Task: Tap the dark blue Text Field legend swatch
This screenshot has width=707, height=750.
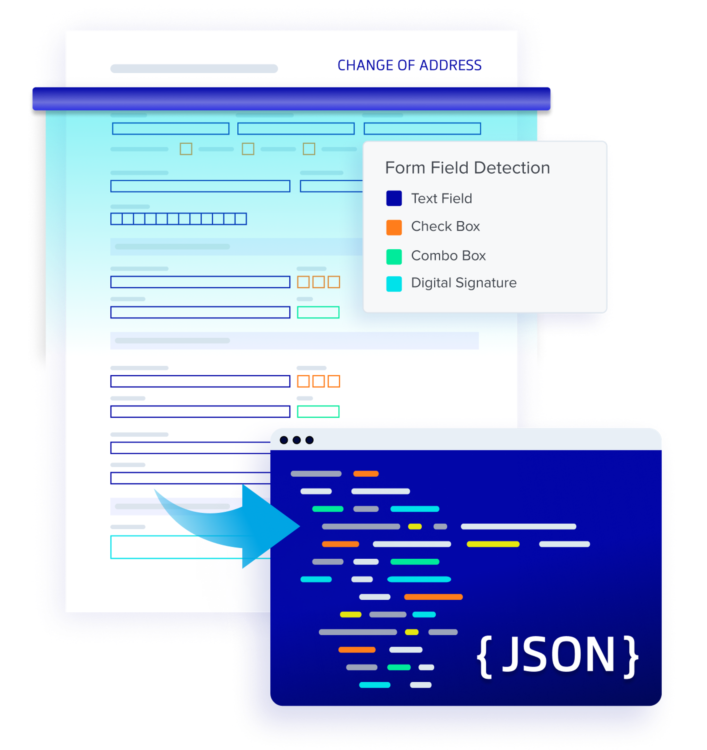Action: [x=394, y=198]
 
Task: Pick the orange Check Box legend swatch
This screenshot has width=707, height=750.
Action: [x=394, y=227]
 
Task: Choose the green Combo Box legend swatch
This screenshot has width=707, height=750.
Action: [x=394, y=256]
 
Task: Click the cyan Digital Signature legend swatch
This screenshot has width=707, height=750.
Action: [x=394, y=284]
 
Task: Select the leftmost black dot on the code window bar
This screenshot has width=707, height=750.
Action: [x=284, y=440]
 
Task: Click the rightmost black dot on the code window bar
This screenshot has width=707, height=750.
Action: [x=309, y=440]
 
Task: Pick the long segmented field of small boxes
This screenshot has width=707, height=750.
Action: [x=179, y=219]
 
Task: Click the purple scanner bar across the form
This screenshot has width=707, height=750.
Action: [x=291, y=99]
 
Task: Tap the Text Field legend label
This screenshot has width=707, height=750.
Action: [x=441, y=198]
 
